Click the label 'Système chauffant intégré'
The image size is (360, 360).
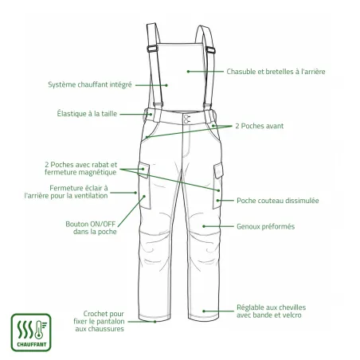[x=90, y=85]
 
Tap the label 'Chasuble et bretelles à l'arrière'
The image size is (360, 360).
[x=276, y=72]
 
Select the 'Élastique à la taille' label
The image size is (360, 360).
[x=87, y=114]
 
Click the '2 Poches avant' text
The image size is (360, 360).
[x=260, y=126]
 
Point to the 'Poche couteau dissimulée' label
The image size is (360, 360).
[x=278, y=201]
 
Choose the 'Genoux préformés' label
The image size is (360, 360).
[x=265, y=227]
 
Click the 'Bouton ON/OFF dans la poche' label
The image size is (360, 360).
[x=91, y=228]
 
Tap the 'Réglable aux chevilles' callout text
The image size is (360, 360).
[x=271, y=311]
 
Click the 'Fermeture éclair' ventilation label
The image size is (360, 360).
[x=66, y=192]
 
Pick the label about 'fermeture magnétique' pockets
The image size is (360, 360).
[x=80, y=169]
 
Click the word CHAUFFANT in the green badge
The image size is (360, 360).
[x=32, y=345]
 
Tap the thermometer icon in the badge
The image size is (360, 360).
[x=39, y=330]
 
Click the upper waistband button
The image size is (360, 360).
[x=186, y=117]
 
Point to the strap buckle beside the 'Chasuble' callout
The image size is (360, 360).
[x=210, y=49]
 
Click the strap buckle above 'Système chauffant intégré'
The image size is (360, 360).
[x=152, y=49]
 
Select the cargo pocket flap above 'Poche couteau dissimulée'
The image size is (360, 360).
[x=218, y=170]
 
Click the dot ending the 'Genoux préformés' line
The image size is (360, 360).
[x=204, y=226]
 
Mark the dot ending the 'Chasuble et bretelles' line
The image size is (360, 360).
[x=188, y=72]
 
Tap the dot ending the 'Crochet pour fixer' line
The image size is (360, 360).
[x=155, y=322]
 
